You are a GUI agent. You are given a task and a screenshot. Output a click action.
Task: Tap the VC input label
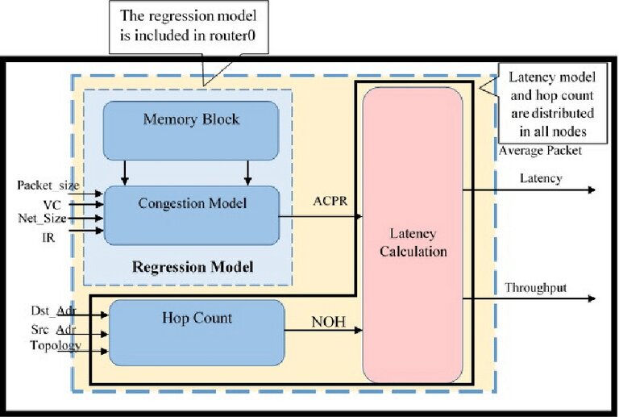[x=52, y=205]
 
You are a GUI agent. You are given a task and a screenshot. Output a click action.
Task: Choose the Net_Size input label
[x=42, y=218]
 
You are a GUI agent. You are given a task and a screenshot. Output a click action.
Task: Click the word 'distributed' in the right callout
[x=553, y=113]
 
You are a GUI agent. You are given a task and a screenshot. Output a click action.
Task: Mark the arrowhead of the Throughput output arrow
[x=592, y=299]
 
